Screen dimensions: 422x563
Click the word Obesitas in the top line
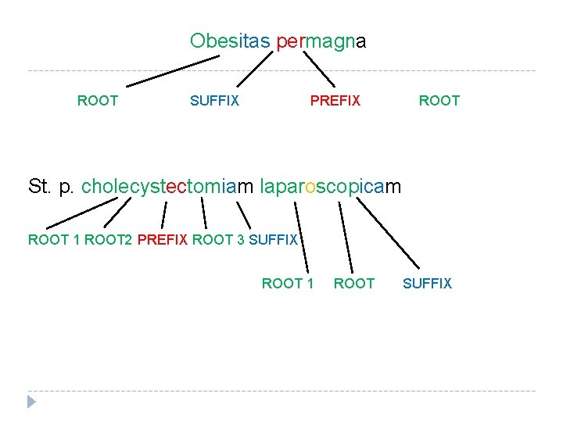coord(231,41)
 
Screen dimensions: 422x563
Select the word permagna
coord(321,41)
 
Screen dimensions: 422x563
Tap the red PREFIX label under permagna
coord(335,101)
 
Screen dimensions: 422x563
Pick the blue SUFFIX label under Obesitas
coord(215,101)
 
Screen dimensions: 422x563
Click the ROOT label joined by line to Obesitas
coord(98,101)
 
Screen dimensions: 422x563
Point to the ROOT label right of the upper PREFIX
coord(439,101)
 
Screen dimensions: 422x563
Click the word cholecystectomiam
coord(167,187)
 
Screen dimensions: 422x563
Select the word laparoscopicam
coord(329,187)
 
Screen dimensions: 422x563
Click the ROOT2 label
coord(108,240)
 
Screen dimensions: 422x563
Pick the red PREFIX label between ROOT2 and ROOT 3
coord(162,240)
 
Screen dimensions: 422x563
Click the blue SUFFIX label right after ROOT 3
coord(273,240)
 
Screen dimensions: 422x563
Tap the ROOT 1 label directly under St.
coord(54,240)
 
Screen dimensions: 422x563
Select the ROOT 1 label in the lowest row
coord(288,284)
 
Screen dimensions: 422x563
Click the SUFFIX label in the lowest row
coord(427,284)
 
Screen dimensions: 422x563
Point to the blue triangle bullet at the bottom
coord(31,402)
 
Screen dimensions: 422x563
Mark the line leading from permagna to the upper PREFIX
coord(319,70)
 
